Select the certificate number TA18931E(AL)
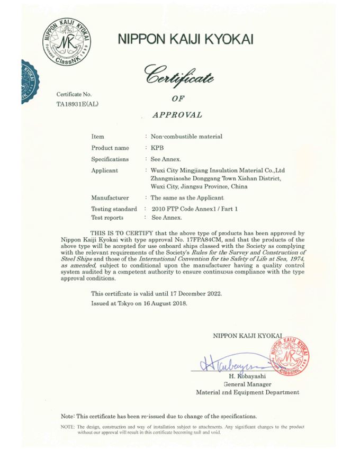click(77, 104)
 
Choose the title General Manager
click(248, 384)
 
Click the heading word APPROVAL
click(177, 114)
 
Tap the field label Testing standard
click(114, 209)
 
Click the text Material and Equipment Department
click(247, 392)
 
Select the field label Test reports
click(107, 217)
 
